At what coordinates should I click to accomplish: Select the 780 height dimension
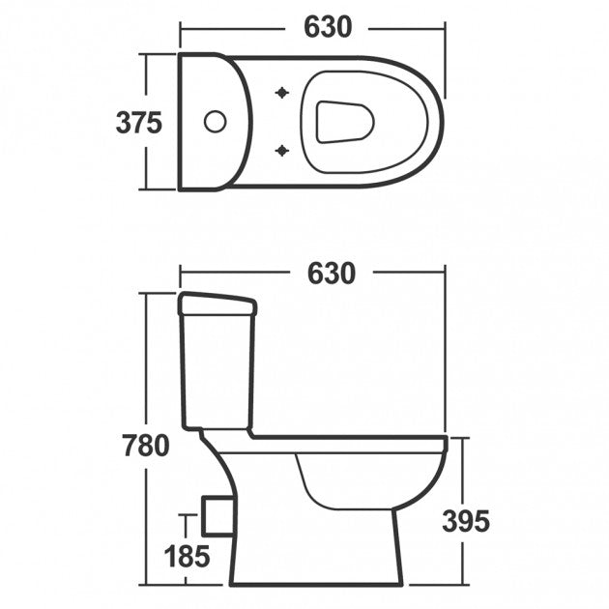click(146, 446)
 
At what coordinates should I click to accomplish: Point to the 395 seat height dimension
click(466, 521)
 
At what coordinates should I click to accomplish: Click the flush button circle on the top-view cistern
click(214, 122)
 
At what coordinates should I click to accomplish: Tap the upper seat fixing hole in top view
click(282, 93)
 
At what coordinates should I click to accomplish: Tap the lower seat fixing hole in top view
click(282, 150)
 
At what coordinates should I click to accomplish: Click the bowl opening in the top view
click(344, 122)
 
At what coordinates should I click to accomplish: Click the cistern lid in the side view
click(217, 305)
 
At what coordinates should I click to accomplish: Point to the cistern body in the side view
click(217, 372)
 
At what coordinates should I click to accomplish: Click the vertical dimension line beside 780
click(146, 367)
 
